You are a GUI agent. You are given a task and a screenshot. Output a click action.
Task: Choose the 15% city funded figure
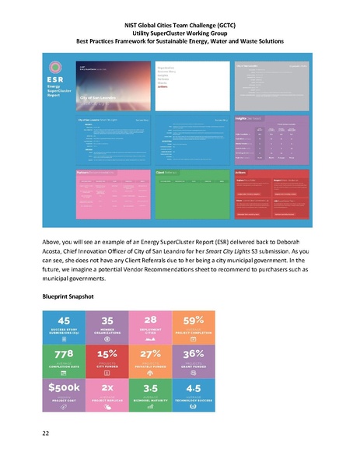point(107,355)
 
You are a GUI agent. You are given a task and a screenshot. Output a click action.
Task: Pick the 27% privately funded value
point(151,355)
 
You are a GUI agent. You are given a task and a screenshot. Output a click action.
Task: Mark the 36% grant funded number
point(194,355)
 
